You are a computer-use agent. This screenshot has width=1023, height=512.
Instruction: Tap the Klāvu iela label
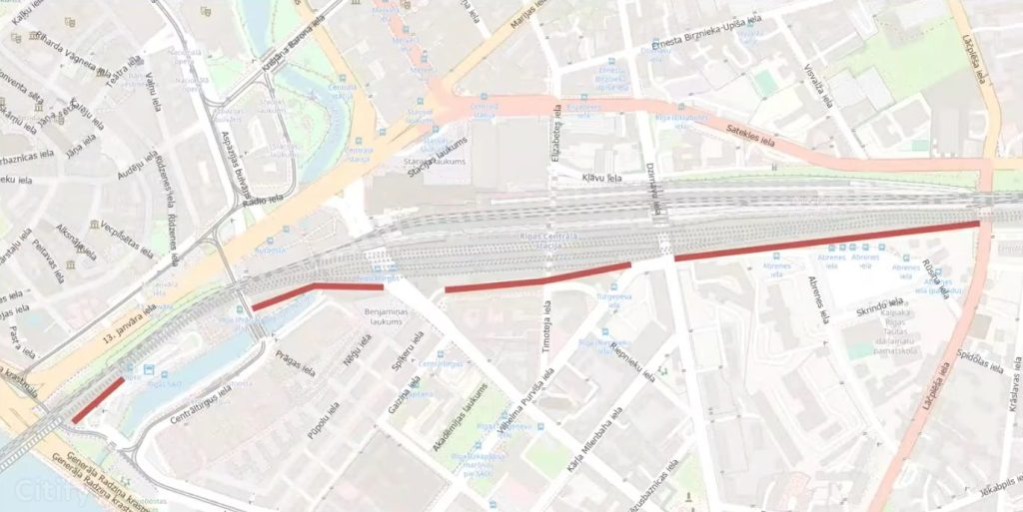(600, 178)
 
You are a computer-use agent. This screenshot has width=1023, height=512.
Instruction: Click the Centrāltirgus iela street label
(201, 402)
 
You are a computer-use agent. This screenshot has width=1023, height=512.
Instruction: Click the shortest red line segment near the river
(98, 399)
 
